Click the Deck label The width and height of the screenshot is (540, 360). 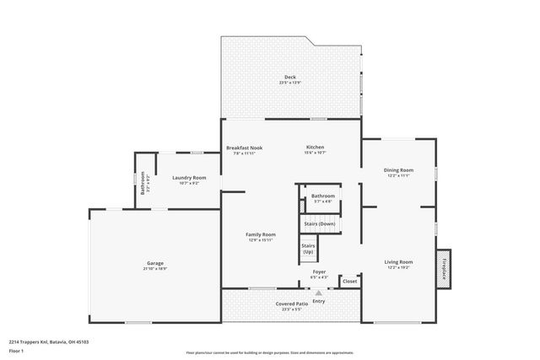(289, 78)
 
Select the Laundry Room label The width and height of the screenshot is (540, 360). (189, 177)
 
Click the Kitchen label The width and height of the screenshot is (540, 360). (315, 148)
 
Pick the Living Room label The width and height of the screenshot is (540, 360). (398, 261)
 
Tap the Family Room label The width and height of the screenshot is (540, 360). (261, 234)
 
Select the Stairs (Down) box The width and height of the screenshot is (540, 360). (319, 223)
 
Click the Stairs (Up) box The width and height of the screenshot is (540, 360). (308, 250)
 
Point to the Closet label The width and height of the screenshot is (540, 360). (349, 281)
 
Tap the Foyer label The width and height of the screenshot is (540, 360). (319, 271)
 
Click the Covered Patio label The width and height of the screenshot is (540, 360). (289, 303)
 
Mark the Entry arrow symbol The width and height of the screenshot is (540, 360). (318, 293)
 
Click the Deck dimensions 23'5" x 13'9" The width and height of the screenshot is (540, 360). (289, 83)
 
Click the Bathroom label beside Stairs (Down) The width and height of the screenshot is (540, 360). (323, 196)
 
